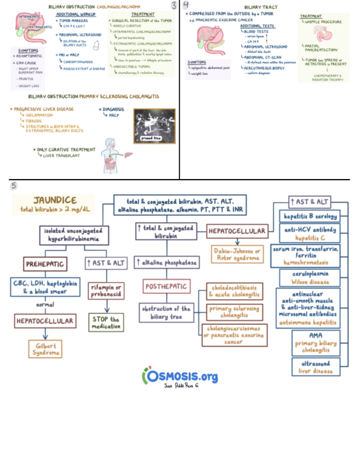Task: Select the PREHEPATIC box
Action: point(45,263)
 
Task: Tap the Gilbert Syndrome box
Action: point(45,349)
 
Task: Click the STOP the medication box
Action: point(106,322)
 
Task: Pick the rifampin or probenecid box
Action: point(106,291)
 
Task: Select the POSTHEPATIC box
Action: point(166,287)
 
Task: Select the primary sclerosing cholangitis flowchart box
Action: point(234,312)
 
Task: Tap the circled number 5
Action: point(14,185)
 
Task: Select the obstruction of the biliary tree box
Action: point(166,312)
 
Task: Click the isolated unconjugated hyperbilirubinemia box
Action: point(74,235)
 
